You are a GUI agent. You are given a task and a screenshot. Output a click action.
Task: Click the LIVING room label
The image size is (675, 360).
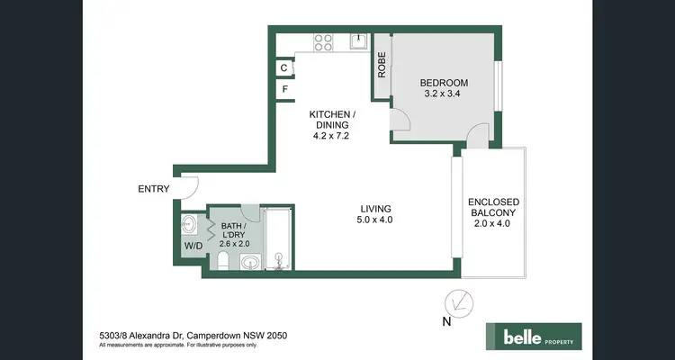pyautogui.click(x=374, y=206)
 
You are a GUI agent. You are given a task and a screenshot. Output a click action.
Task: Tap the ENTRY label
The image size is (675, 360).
pyautogui.click(x=153, y=189)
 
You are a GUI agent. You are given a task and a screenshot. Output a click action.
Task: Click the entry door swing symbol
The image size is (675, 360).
pyautogui.click(x=186, y=187)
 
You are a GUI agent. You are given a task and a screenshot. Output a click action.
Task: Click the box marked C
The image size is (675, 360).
pyautogui.click(x=284, y=67)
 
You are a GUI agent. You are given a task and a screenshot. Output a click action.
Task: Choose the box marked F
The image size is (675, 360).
pyautogui.click(x=284, y=89)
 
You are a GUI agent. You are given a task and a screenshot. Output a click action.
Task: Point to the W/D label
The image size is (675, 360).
pyautogui.click(x=193, y=245)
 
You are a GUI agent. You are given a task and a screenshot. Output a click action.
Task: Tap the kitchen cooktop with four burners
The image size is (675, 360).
pyautogui.click(x=323, y=41)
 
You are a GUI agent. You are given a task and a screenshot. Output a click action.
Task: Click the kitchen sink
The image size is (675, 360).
pyautogui.click(x=358, y=40)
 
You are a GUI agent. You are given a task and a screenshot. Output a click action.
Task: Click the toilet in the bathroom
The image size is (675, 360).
pyautogui.click(x=221, y=262)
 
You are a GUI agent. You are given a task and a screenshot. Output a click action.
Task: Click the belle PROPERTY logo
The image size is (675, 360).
pyautogui.click(x=535, y=336)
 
